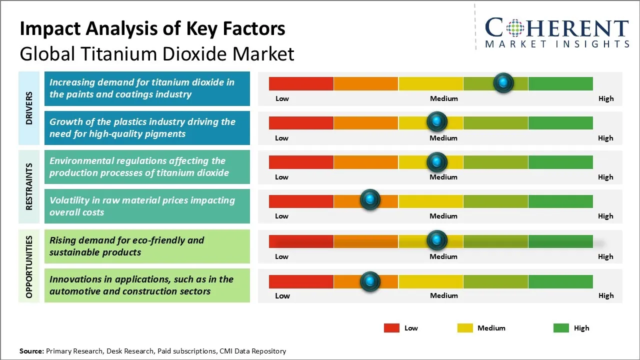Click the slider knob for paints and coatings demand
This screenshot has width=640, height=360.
tap(503, 82)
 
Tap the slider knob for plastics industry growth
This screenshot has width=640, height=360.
tap(437, 121)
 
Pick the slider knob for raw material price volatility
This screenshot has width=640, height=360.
tap(370, 200)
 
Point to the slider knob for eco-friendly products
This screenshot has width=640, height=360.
tap(437, 240)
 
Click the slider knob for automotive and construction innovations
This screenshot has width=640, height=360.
tap(370, 281)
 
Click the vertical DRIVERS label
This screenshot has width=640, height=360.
tap(29, 108)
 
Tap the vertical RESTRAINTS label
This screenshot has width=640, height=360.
tap(29, 186)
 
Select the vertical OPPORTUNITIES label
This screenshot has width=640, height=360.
tap(29, 266)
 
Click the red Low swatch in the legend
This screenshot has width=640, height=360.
tap(391, 328)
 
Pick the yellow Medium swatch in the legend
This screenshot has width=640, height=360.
tap(465, 328)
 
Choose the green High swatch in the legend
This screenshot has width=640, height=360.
tap(561, 328)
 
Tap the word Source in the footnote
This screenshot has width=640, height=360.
tap(31, 351)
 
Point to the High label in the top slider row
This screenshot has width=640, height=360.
tap(605, 98)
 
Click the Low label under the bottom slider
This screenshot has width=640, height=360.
tap(282, 295)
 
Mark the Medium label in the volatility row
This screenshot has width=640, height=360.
tap(443, 216)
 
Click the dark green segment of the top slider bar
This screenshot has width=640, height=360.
tap(560, 83)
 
